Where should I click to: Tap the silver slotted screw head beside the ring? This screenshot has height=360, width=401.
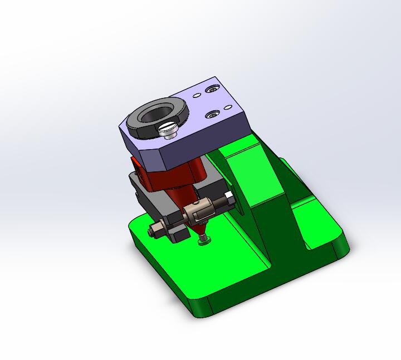coord(167,131)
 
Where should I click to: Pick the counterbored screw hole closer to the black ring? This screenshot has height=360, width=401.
coord(212,115)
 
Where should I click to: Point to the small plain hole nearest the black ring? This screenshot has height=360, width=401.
coord(197,95)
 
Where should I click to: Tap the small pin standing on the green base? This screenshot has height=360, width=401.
coord(204,239)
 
